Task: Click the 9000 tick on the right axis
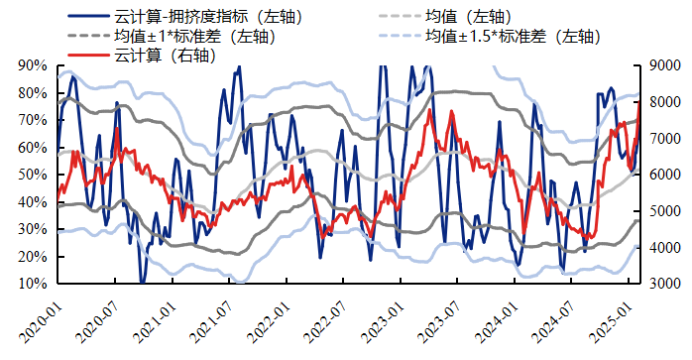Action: pyautogui.click(x=665, y=65)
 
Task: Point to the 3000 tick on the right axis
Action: pyautogui.click(x=665, y=284)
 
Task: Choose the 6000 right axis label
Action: pyautogui.click(x=665, y=175)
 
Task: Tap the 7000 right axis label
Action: pyautogui.click(x=665, y=138)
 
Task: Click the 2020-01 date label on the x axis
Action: pyautogui.click(x=40, y=319)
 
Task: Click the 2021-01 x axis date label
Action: pyautogui.click(x=156, y=319)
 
